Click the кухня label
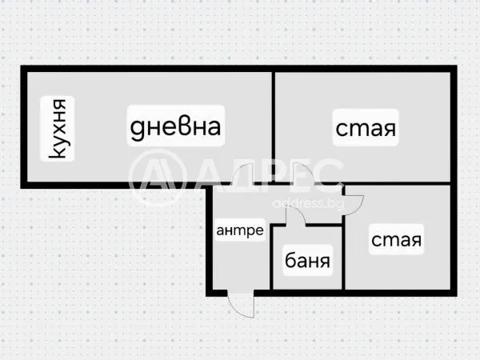click(58, 129)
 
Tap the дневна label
click(175, 126)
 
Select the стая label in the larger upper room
click(366, 128)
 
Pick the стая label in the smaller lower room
click(396, 239)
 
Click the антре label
click(240, 230)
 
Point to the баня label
click(307, 261)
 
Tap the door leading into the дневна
click(242, 174)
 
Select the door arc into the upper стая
click(302, 174)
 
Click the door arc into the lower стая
click(355, 206)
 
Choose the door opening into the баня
click(296, 216)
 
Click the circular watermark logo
click(158, 177)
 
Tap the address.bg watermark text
click(308, 203)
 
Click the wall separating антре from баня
click(271, 258)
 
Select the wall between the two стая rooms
click(397, 184)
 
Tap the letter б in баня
click(290, 261)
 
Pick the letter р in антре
click(248, 232)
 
